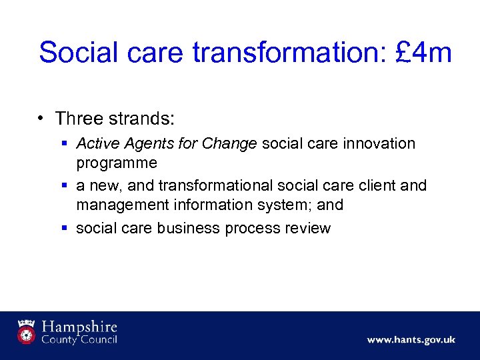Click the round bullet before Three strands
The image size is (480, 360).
[x=41, y=119]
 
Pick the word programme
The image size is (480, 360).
[x=117, y=163]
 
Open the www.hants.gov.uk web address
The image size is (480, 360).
[x=411, y=340]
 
